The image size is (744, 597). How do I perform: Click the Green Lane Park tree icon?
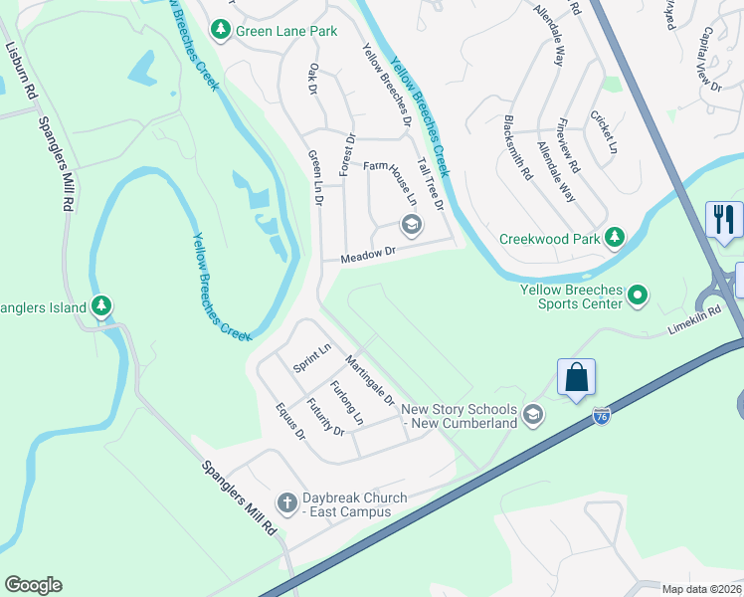pos(221,31)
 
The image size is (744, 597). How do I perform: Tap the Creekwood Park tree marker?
pos(616,238)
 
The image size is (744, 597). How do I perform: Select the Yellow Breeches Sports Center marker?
pos(640,295)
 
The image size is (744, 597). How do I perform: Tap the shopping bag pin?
pos(576,378)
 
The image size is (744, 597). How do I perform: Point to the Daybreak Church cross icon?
pos(286,501)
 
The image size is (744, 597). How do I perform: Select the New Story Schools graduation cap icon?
pos(533,414)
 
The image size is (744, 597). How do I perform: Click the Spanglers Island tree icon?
pos(101,305)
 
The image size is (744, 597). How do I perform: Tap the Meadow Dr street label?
pos(368,255)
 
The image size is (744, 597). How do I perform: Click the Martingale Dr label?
pos(369,380)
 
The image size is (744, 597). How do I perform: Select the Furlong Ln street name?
pos(347,403)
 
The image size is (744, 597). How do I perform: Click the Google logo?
pos(33,585)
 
